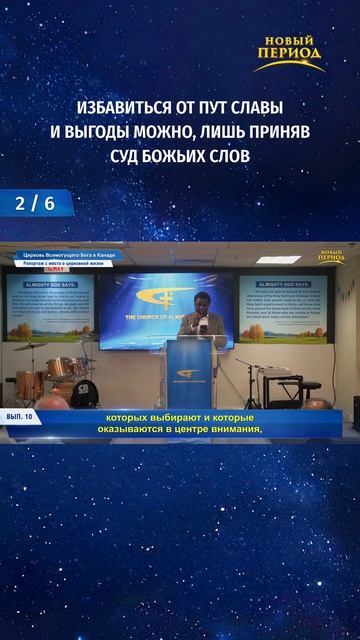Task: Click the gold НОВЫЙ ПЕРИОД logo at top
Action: click(288, 52)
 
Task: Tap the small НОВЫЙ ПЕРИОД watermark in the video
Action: click(331, 257)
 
